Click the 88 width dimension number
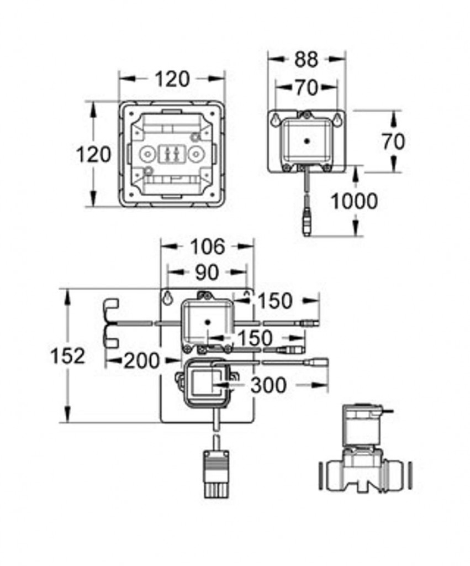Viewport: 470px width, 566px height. [306, 60]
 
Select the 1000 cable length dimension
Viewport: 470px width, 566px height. [354, 201]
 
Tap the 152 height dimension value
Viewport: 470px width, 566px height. [68, 356]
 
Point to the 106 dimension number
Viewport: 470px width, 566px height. [207, 247]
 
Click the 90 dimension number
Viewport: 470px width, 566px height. [207, 272]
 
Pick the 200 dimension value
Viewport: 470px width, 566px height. [141, 361]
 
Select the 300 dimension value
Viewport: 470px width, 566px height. [268, 385]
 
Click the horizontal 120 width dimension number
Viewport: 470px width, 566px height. [172, 80]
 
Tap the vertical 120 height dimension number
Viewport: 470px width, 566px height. [93, 154]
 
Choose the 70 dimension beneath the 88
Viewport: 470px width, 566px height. [306, 87]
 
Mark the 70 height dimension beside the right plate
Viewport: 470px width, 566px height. [393, 142]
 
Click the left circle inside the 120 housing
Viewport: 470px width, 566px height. [147, 155]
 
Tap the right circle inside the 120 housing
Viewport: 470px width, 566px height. [194, 155]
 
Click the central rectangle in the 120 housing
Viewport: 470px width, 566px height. [171, 155]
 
